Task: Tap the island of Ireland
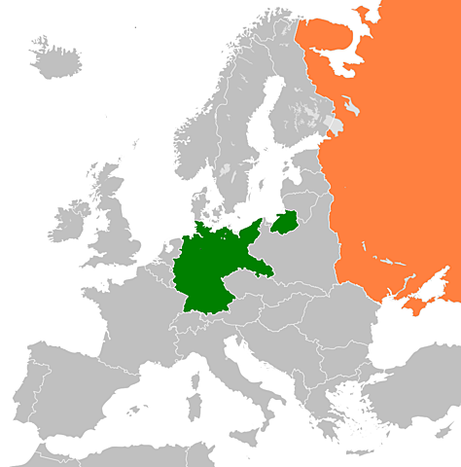[71, 222]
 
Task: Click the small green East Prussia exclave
[285, 223]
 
